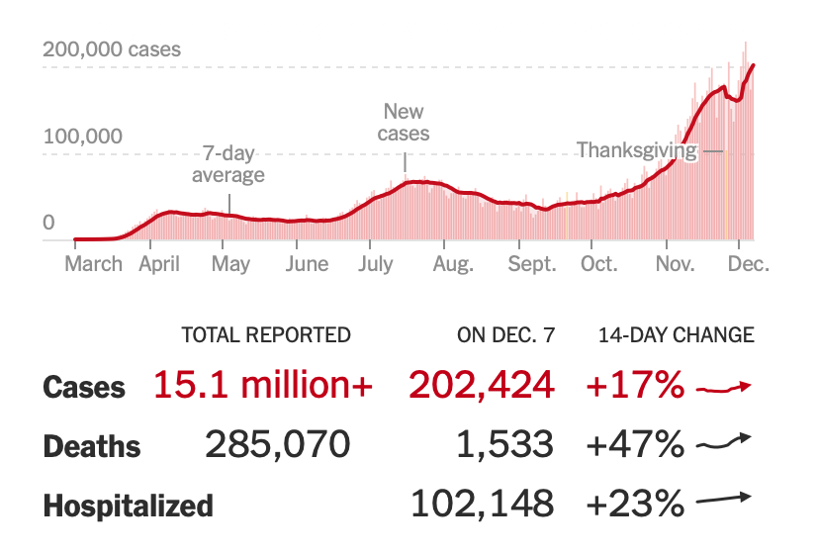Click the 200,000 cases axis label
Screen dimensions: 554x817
[112, 48]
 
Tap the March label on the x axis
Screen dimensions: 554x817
[93, 264]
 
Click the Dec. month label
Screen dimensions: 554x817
[748, 264]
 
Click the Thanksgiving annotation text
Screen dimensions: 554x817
[637, 150]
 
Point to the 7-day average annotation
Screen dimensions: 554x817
[227, 164]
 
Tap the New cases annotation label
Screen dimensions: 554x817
[406, 123]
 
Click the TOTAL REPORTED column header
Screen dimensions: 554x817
[266, 335]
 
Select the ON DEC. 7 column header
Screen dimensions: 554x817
[505, 335]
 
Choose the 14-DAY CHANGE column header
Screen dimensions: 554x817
[676, 335]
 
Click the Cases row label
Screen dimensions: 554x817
[84, 387]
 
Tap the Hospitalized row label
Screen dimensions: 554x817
[128, 506]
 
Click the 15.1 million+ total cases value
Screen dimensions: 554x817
[263, 386]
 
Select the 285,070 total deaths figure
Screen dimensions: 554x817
[278, 445]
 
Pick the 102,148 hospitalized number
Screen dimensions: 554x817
[482, 505]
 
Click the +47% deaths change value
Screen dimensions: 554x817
[634, 445]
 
